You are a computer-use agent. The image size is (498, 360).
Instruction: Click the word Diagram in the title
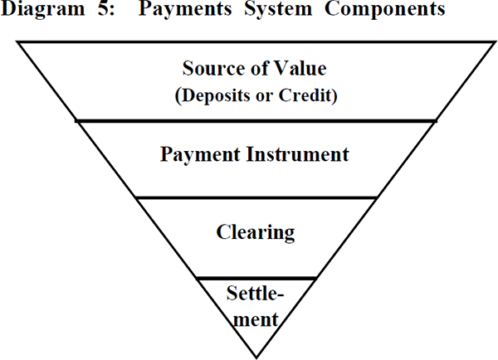point(43,9)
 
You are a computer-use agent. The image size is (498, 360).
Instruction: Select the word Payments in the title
point(185,9)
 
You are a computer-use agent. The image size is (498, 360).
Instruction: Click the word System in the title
point(278,9)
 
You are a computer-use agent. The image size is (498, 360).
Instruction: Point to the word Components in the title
point(385,9)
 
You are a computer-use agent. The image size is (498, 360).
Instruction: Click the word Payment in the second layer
point(200,155)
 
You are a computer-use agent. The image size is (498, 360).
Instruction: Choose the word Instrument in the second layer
point(298,154)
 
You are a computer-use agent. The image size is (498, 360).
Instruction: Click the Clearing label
point(256,233)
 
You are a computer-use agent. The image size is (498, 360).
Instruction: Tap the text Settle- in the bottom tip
point(255,293)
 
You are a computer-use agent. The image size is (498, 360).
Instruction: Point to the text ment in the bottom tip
point(256,319)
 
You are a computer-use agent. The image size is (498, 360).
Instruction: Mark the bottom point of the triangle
point(256,358)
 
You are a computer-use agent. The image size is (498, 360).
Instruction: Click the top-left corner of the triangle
point(17,42)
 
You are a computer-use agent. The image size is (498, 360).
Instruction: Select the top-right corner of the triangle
point(496,42)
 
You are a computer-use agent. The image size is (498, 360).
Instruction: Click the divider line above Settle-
point(256,279)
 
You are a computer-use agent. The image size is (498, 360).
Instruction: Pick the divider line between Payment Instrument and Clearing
point(256,197)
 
